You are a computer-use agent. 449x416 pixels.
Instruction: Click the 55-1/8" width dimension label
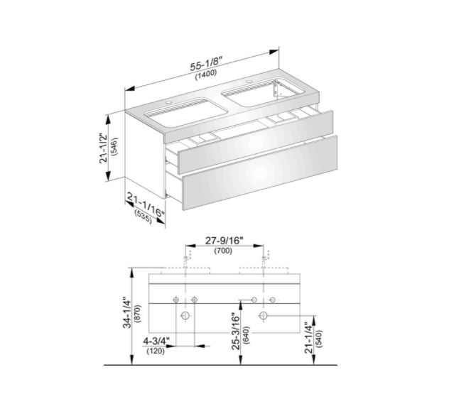coord(207,65)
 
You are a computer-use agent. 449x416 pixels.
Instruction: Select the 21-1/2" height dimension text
coord(104,148)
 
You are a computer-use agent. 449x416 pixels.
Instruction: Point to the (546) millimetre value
coord(115,146)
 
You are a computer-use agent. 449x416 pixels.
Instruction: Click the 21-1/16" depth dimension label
coord(146,205)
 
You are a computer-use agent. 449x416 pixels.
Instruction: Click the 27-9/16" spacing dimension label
coord(224,241)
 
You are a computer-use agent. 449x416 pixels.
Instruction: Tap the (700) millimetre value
coord(223,251)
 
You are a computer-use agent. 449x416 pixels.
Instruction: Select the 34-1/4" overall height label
coord(127,314)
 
